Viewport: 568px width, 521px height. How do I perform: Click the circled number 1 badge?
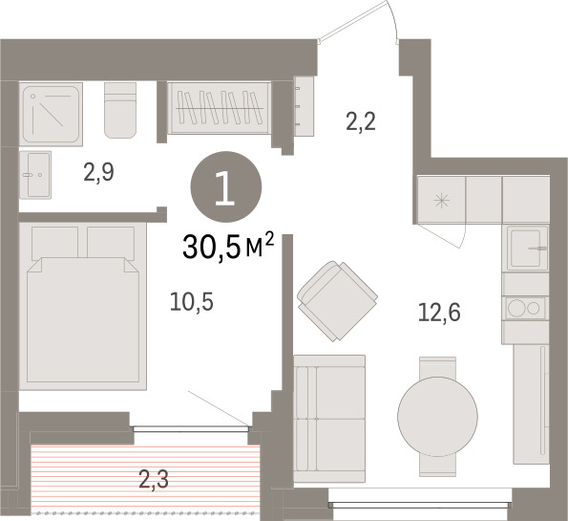[x=225, y=186]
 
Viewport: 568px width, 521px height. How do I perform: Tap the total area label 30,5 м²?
[x=228, y=247]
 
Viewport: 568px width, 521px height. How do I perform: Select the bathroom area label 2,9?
[x=98, y=172]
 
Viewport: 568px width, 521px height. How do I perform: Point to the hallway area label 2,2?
[x=361, y=121]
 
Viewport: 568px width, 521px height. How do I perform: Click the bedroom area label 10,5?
[x=192, y=302]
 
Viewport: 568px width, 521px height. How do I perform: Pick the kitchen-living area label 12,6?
[x=439, y=313]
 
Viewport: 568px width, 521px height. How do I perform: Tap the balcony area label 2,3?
[x=154, y=479]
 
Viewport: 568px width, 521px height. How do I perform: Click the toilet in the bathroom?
[x=120, y=110]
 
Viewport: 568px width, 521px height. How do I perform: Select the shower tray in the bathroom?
[x=51, y=114]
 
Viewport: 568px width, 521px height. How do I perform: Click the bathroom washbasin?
[x=35, y=175]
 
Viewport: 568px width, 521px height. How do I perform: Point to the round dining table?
[x=437, y=417]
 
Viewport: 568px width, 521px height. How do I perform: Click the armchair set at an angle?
[x=337, y=301]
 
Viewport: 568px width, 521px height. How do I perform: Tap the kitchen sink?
[x=527, y=249]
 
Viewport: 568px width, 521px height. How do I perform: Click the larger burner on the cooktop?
[x=516, y=309]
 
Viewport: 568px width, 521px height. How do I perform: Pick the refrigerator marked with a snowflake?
[x=441, y=200]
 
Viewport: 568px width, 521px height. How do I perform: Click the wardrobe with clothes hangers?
[x=220, y=108]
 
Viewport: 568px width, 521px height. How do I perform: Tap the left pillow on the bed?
[x=55, y=243]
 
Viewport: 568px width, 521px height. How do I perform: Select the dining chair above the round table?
[x=437, y=367]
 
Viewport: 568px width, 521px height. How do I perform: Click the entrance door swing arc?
[x=391, y=20]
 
